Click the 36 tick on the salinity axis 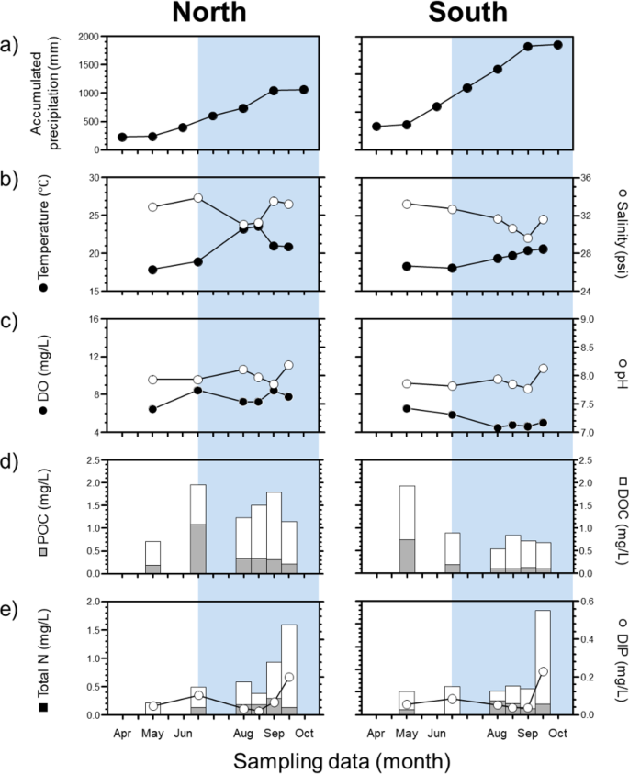pyautogui.click(x=585, y=178)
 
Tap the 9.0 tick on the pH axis pyautogui.click(x=588, y=319)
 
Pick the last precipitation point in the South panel pyautogui.click(x=558, y=44)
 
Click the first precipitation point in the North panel pyautogui.click(x=123, y=137)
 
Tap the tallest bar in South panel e pyautogui.click(x=543, y=661)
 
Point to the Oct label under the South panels pyautogui.click(x=558, y=734)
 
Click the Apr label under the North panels pyautogui.click(x=123, y=734)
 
